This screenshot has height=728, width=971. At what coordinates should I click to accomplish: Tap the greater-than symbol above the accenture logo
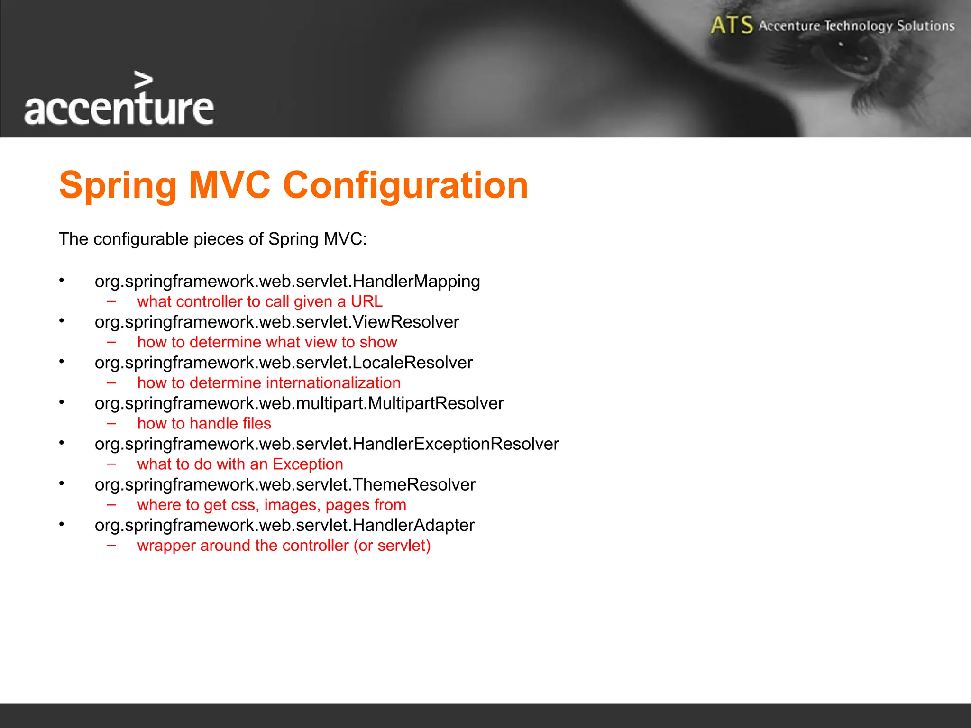click(x=143, y=80)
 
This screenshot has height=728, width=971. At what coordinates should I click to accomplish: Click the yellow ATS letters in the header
click(x=732, y=25)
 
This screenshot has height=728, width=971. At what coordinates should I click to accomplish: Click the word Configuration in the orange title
click(x=405, y=185)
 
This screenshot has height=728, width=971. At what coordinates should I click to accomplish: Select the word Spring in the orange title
click(x=118, y=185)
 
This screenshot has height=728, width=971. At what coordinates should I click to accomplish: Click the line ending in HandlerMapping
click(x=287, y=281)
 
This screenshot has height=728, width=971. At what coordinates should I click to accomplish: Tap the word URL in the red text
click(x=366, y=301)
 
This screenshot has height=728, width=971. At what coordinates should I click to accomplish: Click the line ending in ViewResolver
click(x=277, y=322)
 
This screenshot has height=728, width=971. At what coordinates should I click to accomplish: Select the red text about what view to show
click(x=267, y=342)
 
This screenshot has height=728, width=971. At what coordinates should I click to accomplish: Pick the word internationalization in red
click(x=333, y=382)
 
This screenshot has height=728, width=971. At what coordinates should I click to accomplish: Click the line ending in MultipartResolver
click(x=299, y=403)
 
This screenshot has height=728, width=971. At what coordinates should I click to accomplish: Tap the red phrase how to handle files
click(x=204, y=423)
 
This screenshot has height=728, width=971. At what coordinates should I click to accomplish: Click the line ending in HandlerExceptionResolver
click(x=327, y=444)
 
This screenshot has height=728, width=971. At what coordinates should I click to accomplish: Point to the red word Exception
click(x=308, y=464)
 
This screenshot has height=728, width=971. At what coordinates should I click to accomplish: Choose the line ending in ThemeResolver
click(x=285, y=484)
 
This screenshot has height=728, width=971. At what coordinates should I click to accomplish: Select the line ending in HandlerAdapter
click(x=284, y=525)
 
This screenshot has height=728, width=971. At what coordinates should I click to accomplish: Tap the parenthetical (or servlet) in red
click(x=392, y=546)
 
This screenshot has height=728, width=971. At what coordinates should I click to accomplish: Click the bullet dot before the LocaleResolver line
click(x=62, y=362)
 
